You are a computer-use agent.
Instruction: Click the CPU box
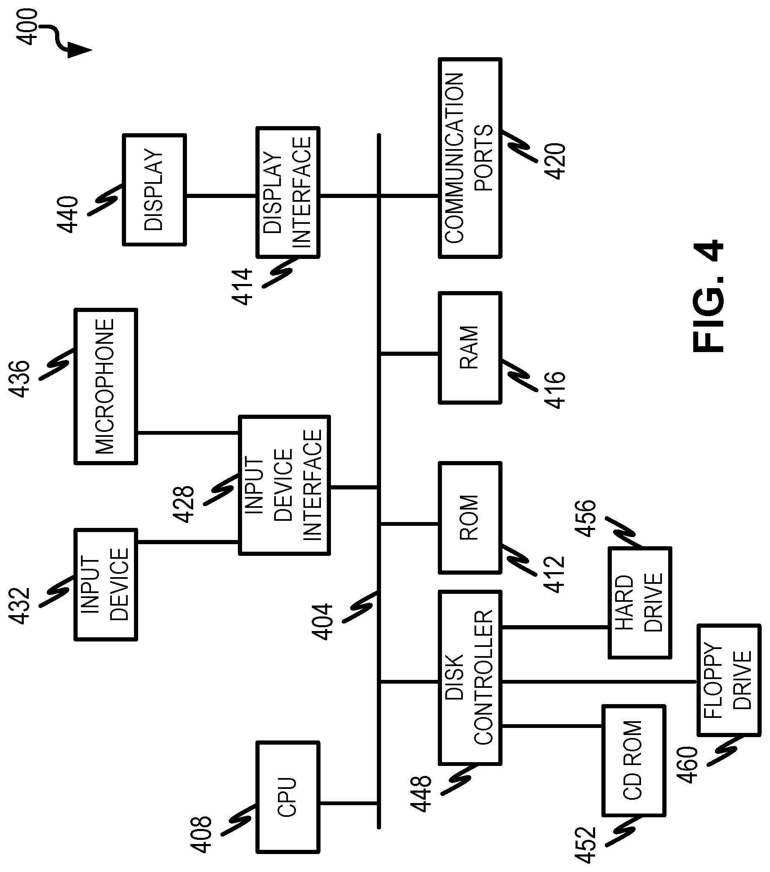point(288,797)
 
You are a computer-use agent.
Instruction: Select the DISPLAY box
point(154,190)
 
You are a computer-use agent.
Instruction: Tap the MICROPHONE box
point(106,386)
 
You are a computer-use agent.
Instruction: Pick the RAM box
point(470,348)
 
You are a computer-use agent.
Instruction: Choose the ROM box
point(470,517)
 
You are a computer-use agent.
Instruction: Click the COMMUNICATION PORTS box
point(470,158)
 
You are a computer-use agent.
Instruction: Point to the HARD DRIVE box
point(639,602)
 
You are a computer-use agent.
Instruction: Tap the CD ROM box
point(634,760)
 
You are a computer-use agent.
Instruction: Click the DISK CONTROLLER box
point(470,677)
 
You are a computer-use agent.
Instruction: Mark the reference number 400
point(26,26)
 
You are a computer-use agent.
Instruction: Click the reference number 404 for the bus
point(322,621)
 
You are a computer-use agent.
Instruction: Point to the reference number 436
point(20,379)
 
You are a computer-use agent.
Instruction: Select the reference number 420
point(555,161)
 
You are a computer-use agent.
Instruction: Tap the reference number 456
point(586,518)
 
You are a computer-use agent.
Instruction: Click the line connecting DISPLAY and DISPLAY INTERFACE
point(221,196)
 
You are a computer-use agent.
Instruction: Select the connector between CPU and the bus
point(349,803)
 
